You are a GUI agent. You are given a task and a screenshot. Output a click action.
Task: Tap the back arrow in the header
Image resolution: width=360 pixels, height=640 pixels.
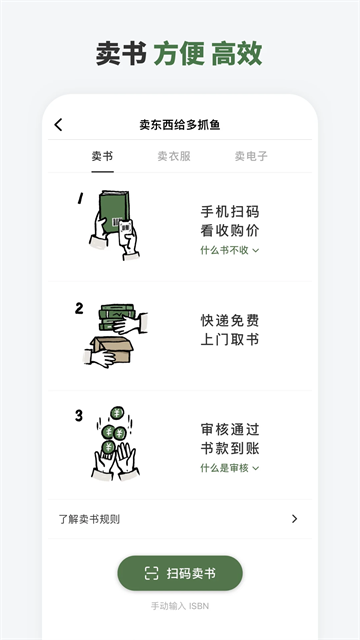pos(58,125)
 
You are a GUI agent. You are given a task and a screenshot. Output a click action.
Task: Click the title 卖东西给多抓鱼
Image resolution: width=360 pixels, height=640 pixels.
pos(180,125)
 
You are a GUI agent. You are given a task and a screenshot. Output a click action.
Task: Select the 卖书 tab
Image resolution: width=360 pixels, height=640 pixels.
pos(103,156)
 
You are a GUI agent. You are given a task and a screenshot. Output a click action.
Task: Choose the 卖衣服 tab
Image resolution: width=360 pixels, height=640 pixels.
pos(174,156)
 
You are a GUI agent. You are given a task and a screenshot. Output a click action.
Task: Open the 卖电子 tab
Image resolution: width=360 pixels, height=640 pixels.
pos(251,156)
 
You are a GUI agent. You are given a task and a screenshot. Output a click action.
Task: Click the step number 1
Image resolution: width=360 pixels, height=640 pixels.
pos(79,198)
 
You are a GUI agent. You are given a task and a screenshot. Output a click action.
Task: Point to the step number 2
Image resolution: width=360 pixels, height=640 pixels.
pos(79,308)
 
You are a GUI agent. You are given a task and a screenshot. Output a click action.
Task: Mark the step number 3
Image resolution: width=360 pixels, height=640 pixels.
pos(79,415)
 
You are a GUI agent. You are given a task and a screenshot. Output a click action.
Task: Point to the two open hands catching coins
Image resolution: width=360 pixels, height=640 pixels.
pos(116,458)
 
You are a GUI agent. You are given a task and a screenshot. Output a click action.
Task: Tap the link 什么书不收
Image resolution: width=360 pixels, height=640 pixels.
pos(229,250)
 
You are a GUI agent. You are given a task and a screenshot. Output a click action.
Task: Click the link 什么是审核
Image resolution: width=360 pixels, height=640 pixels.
pos(229,467)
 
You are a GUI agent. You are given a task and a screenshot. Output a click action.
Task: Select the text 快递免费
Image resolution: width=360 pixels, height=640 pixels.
pos(229,321)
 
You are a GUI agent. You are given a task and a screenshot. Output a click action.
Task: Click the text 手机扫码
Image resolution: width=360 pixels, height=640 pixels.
pos(229,212)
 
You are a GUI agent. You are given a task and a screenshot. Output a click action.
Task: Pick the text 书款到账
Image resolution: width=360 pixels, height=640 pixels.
pos(229,448)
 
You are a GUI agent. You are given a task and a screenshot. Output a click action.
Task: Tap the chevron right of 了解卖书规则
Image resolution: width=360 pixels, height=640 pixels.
pos(294,518)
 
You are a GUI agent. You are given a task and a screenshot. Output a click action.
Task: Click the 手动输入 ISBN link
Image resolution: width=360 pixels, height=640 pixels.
pos(180,606)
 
